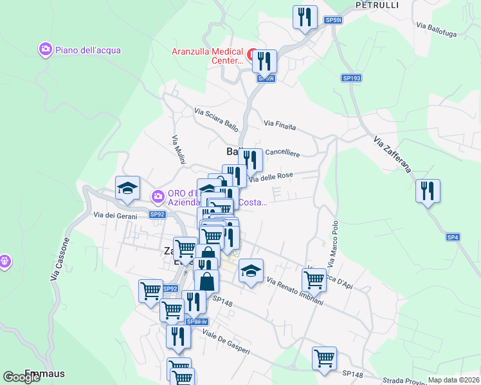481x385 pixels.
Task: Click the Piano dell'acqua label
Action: (x=87, y=50)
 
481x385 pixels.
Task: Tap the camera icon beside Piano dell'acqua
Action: (x=45, y=49)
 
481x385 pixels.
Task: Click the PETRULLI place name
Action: (x=377, y=5)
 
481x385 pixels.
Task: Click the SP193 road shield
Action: (x=351, y=78)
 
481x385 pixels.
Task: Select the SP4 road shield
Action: (x=453, y=237)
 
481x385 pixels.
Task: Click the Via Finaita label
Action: (x=280, y=125)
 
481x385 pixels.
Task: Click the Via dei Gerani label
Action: (x=115, y=216)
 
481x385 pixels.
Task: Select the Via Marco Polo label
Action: (x=334, y=244)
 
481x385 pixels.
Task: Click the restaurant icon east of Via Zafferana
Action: (x=427, y=191)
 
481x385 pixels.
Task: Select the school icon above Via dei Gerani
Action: (x=127, y=187)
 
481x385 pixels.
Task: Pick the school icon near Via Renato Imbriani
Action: (x=251, y=269)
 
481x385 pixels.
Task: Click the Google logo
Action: (x=22, y=377)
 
